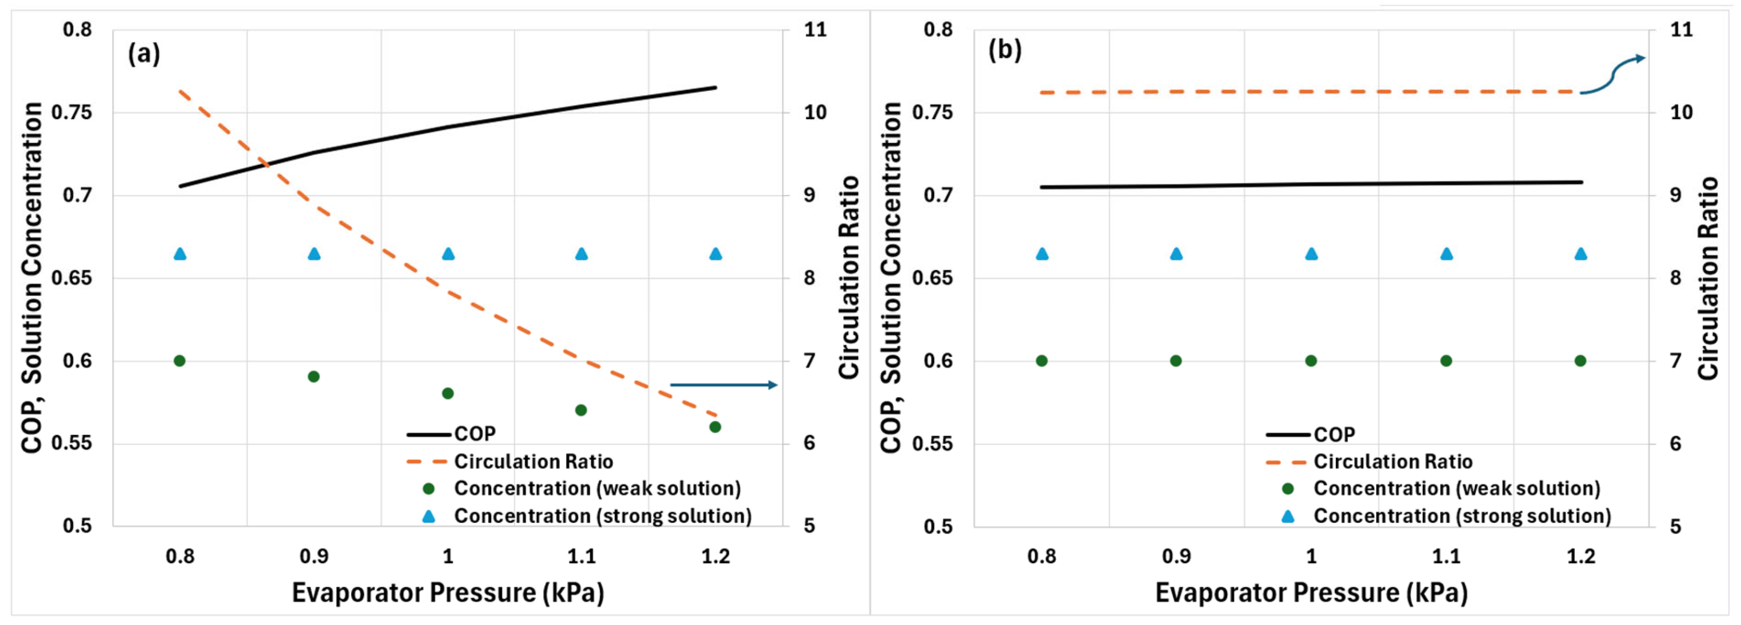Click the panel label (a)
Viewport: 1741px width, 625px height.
click(x=144, y=53)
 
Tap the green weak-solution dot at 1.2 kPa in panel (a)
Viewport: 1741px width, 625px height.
click(x=715, y=427)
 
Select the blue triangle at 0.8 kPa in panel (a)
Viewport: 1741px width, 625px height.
click(x=180, y=254)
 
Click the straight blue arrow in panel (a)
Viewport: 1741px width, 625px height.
click(x=723, y=385)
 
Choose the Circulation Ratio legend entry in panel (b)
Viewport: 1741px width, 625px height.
click(x=1392, y=462)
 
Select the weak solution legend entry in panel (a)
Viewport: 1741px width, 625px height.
click(x=597, y=488)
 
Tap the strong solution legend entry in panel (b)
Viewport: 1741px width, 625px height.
click(x=1462, y=516)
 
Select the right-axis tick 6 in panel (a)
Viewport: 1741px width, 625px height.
click(x=809, y=443)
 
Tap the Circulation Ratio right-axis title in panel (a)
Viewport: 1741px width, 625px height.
click(x=849, y=277)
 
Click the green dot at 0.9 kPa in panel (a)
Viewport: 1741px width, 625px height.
click(x=314, y=376)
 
